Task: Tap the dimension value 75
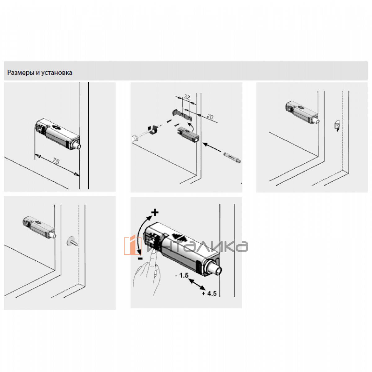[56, 161]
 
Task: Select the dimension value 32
[187, 96]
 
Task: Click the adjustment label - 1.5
[182, 275]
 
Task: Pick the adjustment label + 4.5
[209, 294]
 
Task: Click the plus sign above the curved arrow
[155, 212]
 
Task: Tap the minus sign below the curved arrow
[140, 258]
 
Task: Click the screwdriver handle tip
[134, 139]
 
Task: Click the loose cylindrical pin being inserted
[232, 157]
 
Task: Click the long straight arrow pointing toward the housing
[212, 147]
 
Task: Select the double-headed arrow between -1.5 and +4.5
[197, 284]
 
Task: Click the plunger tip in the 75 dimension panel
[79, 146]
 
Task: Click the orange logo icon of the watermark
[133, 245]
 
